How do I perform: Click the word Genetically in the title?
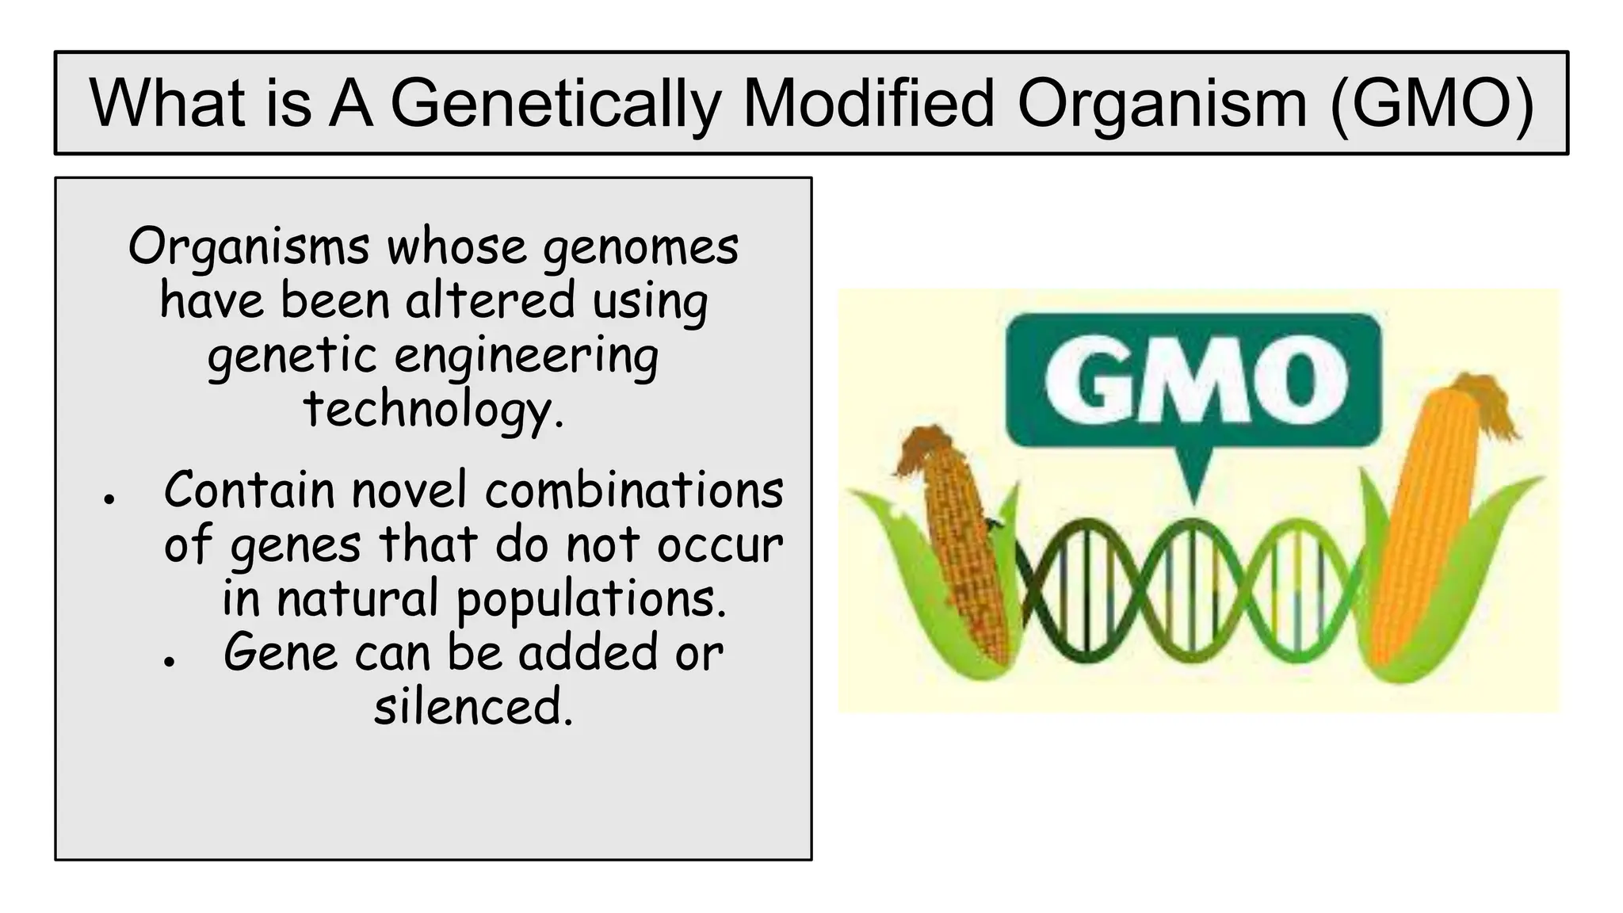(555, 104)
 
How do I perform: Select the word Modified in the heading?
(867, 104)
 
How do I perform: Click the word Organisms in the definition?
(248, 246)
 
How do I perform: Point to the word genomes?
(640, 248)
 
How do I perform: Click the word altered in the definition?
(490, 301)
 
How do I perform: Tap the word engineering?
(526, 356)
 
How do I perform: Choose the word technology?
(433, 410)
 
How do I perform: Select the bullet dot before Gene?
(168, 662)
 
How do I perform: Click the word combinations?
(634, 491)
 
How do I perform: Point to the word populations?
(591, 599)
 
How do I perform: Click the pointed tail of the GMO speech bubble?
(1193, 479)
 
